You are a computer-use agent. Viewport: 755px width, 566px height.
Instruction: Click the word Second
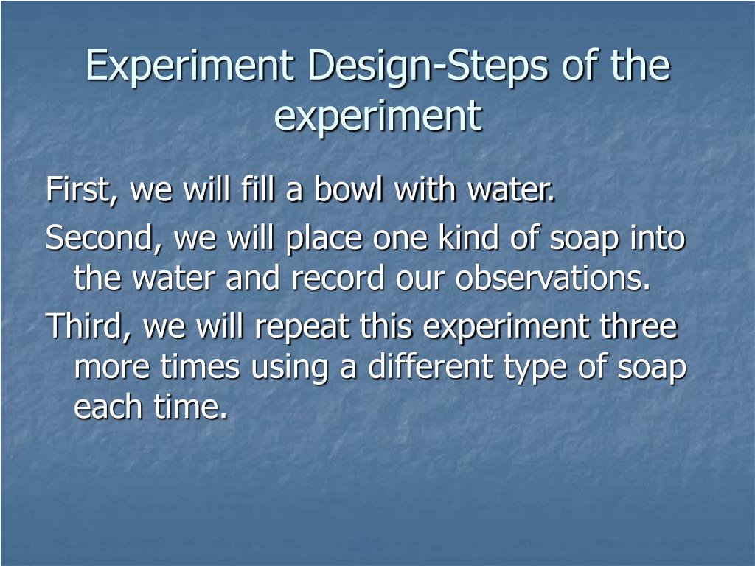click(104, 238)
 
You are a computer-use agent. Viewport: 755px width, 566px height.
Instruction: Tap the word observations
click(554, 278)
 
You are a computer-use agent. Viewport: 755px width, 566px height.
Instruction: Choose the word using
click(290, 368)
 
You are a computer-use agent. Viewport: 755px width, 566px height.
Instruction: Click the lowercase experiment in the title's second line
click(377, 116)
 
